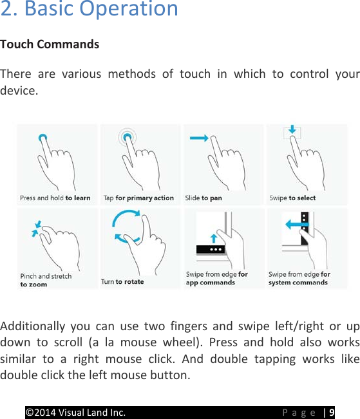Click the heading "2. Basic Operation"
click(x=89, y=10)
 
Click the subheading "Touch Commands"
click(x=50, y=44)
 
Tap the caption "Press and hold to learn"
click(x=55, y=198)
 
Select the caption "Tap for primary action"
click(x=138, y=198)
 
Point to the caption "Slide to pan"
click(x=204, y=198)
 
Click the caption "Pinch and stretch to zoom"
click(x=46, y=280)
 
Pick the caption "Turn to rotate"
click(x=122, y=281)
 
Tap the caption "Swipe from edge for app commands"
click(x=216, y=278)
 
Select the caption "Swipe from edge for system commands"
click(x=299, y=278)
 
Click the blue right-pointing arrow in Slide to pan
click(x=198, y=138)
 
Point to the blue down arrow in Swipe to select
click(x=292, y=131)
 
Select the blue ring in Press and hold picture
click(x=43, y=138)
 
